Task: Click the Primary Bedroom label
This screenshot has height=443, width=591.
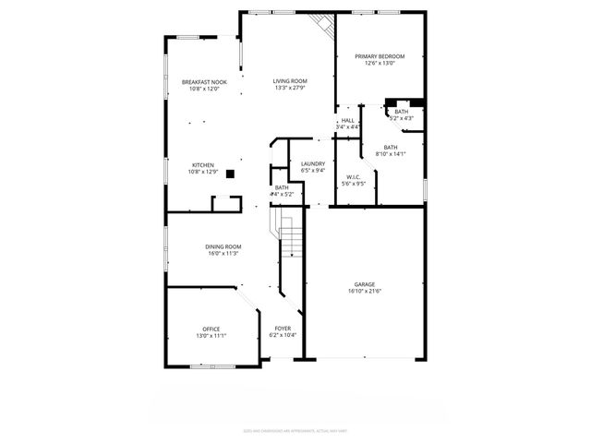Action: tap(380, 56)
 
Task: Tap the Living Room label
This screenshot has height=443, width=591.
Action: tap(290, 81)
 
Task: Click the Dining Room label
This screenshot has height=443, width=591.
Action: tap(223, 246)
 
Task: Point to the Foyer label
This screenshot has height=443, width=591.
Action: tap(283, 329)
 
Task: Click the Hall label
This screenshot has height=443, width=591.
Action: tap(347, 120)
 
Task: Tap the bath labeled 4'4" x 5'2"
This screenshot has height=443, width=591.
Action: tap(281, 192)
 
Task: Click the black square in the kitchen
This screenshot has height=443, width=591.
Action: tap(231, 173)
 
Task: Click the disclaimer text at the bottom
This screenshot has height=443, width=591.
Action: tap(295, 430)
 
